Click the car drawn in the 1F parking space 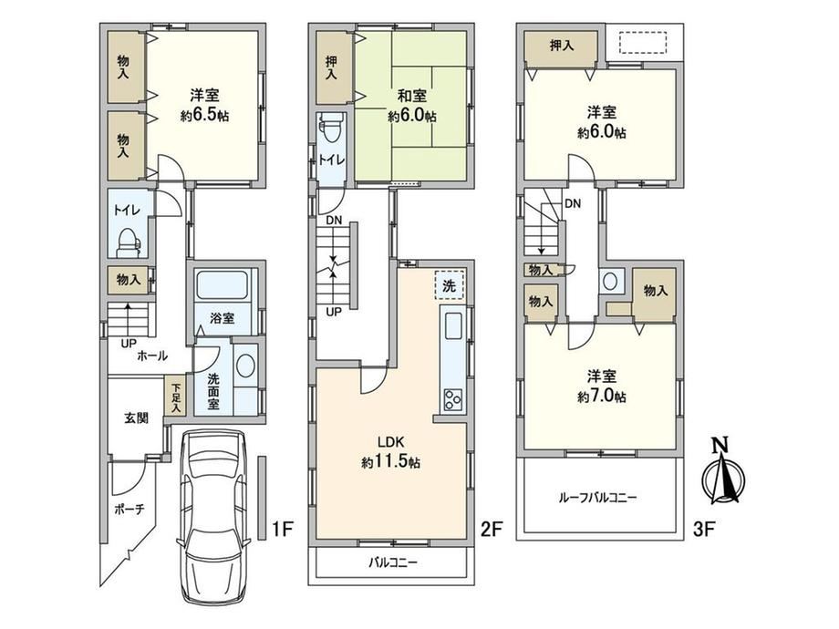214,516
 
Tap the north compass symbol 723,472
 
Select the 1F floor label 283,530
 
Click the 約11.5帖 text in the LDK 390,461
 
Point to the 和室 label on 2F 411,97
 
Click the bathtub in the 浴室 222,285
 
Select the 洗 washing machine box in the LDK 449,285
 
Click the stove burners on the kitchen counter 453,399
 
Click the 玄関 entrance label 137,418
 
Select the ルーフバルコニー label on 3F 597,498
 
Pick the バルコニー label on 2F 393,562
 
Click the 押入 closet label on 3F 562,46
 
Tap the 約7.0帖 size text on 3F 601,397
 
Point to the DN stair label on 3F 573,203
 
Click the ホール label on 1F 152,356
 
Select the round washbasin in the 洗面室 246,366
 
